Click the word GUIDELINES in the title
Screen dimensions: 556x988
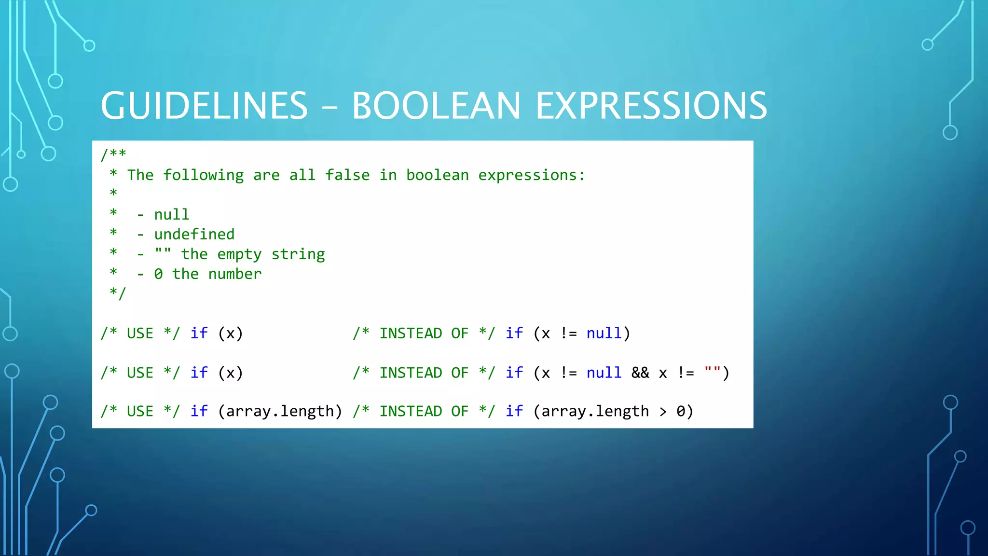[x=204, y=106]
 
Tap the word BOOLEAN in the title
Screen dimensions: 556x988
[x=436, y=106]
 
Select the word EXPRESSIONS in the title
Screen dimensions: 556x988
[x=651, y=106]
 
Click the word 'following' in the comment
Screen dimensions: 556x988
[x=203, y=175]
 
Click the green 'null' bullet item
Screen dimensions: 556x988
[x=172, y=214]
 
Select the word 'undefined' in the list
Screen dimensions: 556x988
[x=194, y=234]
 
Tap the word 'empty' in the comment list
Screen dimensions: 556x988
[x=239, y=254]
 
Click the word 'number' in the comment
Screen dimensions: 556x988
[x=235, y=274]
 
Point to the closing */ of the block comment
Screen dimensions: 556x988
[x=118, y=293]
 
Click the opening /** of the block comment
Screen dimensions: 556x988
[x=113, y=154]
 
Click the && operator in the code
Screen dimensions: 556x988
[x=640, y=373]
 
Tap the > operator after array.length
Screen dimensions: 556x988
[x=663, y=412]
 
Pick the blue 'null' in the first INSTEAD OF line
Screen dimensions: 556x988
[x=604, y=333]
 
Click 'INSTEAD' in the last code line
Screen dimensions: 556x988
[x=411, y=411]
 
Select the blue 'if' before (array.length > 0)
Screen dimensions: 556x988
[x=514, y=411]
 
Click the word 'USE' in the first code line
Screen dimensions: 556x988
[x=140, y=333]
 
